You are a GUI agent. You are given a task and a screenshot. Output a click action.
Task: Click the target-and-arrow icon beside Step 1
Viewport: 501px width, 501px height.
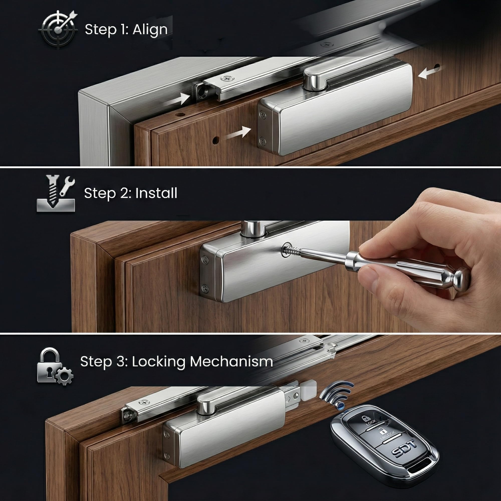(x=58, y=29)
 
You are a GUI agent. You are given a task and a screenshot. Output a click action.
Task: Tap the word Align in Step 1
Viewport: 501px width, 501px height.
(x=150, y=30)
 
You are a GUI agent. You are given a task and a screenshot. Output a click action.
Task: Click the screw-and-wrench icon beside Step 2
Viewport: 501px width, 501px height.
(x=56, y=193)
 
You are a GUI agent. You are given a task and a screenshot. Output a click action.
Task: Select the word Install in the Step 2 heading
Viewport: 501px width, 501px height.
(x=156, y=193)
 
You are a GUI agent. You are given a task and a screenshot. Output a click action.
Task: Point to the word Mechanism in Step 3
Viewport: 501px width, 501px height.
(x=231, y=361)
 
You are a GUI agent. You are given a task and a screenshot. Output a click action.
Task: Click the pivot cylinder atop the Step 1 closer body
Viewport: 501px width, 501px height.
(x=315, y=82)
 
